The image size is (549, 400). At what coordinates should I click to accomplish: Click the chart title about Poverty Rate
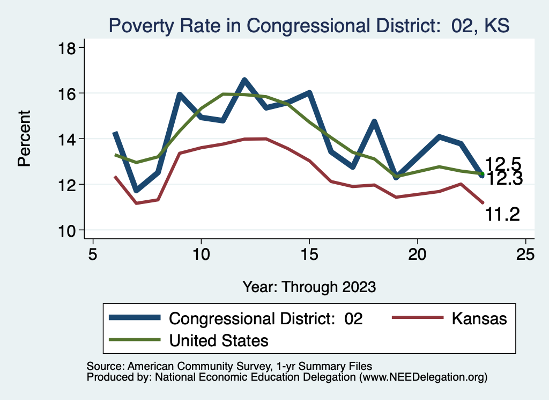tap(309, 25)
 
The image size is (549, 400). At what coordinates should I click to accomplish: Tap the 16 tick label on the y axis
tap(68, 93)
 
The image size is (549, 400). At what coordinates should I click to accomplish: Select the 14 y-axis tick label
tap(68, 139)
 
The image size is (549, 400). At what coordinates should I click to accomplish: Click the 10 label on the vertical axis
tap(68, 230)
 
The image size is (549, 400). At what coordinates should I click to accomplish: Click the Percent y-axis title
tap(24, 139)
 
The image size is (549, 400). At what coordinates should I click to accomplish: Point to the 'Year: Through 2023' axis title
tap(309, 286)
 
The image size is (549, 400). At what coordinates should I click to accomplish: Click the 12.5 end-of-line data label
tap(503, 164)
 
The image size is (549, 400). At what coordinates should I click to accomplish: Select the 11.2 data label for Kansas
tap(502, 214)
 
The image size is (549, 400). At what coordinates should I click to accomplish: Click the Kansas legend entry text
tap(479, 318)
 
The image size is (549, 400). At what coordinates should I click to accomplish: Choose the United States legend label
tap(219, 340)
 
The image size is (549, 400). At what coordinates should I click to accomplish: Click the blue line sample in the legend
tap(135, 318)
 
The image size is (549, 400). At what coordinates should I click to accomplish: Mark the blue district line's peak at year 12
tap(244, 81)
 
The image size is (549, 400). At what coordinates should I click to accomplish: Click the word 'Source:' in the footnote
tap(105, 366)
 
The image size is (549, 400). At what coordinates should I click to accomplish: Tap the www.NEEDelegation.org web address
tap(423, 377)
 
